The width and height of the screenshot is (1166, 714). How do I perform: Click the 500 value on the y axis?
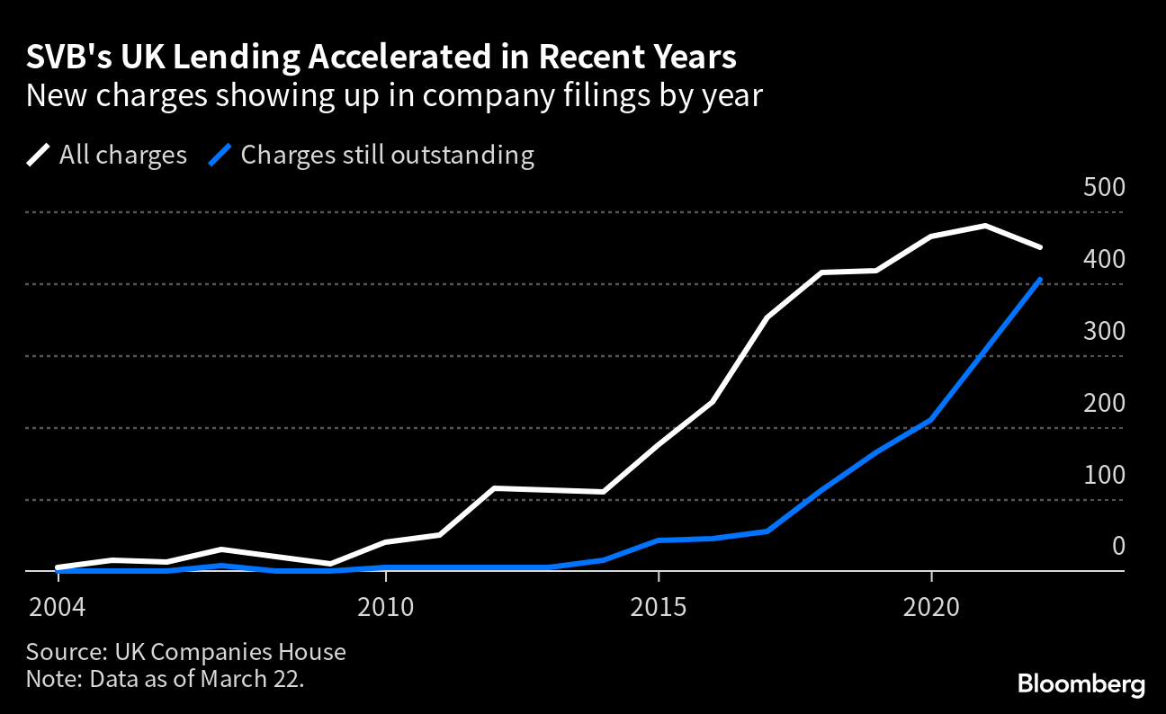click(1105, 188)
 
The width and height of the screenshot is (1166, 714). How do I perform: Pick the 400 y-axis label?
click(1105, 260)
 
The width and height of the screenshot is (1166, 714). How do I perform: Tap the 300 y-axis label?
click(1105, 332)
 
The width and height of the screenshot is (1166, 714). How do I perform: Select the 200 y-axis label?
click(1105, 404)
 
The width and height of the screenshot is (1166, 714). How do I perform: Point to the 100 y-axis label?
click(1105, 476)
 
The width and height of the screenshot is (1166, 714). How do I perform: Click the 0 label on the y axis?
click(1118, 547)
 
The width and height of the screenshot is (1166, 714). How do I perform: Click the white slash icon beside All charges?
click(39, 155)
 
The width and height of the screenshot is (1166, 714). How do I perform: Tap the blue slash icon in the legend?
click(220, 155)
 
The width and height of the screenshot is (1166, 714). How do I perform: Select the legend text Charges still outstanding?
click(387, 155)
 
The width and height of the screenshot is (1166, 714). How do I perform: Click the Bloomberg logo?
click(1081, 684)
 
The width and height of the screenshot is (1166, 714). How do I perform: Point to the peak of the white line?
click(986, 226)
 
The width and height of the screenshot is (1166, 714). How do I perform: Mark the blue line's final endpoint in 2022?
click(1040, 280)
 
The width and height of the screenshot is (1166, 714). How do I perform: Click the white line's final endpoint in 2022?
click(1040, 246)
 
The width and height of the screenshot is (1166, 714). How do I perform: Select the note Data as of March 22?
click(197, 678)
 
